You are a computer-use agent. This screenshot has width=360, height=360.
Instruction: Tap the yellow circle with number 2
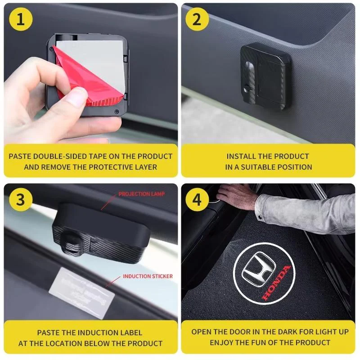197,19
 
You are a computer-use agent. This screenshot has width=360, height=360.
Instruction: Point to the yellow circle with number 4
197,199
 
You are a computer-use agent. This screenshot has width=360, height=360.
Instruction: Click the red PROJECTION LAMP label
141,194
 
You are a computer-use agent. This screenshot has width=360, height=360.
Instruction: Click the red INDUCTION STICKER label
148,276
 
